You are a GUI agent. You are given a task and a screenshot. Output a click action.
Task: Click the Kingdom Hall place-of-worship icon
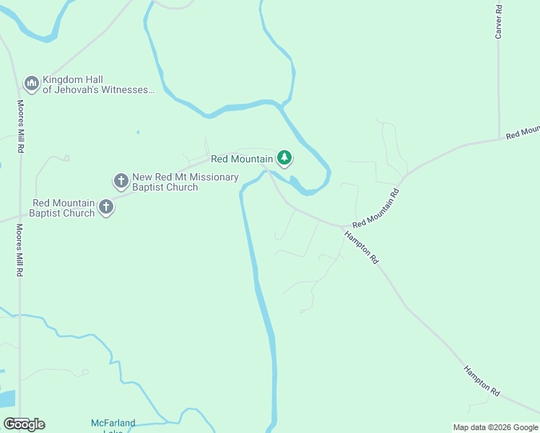coord(31,84)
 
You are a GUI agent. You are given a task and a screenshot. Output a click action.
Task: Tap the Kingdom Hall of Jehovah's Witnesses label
coord(98,85)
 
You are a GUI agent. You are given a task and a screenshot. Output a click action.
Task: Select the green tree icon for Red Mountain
coord(284,158)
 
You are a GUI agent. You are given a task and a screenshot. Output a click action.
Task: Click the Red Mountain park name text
coord(242,159)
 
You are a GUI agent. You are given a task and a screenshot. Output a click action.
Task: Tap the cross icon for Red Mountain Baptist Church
coord(106,208)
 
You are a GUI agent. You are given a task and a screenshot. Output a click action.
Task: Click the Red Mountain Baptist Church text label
coord(63,209)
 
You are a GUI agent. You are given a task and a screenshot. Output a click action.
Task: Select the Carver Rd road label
coord(498,21)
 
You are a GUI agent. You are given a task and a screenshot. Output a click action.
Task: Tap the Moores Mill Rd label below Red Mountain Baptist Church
coord(21,251)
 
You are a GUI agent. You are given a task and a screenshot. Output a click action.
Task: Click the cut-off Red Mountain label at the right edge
coord(523,132)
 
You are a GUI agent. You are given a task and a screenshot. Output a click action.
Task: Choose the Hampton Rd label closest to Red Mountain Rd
coord(361,247)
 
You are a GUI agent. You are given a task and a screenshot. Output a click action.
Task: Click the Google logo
coord(25,424)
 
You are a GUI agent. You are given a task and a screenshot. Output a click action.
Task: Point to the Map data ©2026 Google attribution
coord(495,427)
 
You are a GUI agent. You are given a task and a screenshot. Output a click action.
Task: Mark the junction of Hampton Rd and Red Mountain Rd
coord(345,227)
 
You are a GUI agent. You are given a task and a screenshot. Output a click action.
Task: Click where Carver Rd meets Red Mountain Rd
coord(499,138)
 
